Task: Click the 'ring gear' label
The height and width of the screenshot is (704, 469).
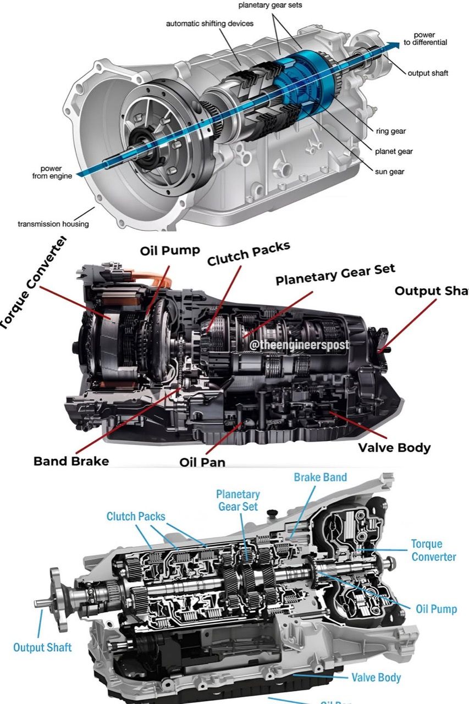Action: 391,131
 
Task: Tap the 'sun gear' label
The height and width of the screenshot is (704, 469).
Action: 389,172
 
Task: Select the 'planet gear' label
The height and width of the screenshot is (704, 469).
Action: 394,151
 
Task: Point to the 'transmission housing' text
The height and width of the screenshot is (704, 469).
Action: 53,224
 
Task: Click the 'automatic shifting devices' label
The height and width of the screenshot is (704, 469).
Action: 209,24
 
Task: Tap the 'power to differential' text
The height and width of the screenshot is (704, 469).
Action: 424,39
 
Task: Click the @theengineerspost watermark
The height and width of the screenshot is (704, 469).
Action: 299,345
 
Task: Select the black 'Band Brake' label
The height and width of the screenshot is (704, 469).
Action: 71,460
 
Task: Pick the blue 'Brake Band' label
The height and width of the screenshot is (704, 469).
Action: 321,477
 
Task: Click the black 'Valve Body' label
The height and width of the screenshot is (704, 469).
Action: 394,447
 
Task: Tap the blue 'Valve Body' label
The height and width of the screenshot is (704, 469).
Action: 376,677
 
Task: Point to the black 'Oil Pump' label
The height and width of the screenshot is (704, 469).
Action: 170,251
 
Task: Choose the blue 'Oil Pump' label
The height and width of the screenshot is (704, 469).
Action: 436,609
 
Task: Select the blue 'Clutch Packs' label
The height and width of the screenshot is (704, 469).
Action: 136,516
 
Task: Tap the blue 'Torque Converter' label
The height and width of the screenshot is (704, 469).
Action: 433,550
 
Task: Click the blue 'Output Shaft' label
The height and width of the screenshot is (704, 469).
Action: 42,647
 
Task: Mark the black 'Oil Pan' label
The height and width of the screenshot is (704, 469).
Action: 202,462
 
